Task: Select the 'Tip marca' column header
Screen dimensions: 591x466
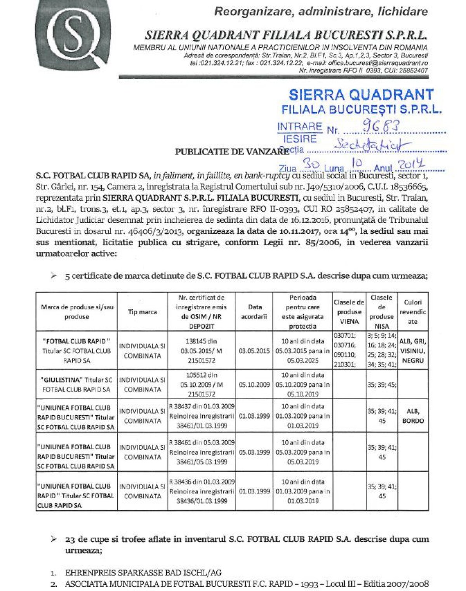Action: pyautogui.click(x=142, y=312)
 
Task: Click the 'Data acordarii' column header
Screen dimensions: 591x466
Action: pyautogui.click(x=254, y=312)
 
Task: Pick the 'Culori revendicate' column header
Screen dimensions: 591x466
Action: pyautogui.click(x=413, y=312)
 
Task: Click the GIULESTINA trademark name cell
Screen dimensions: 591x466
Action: pyautogui.click(x=77, y=384)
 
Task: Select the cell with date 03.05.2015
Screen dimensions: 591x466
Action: pyautogui.click(x=254, y=350)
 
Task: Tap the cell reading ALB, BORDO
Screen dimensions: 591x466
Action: pyautogui.click(x=413, y=416)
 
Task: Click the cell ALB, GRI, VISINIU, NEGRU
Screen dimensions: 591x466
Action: pyautogui.click(x=413, y=350)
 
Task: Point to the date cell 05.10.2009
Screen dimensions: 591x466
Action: pyautogui.click(x=254, y=384)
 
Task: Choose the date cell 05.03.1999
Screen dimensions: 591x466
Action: pyautogui.click(x=254, y=452)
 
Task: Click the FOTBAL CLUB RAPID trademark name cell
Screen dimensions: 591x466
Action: pyautogui.click(x=77, y=350)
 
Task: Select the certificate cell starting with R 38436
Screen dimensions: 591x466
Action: pyautogui.click(x=202, y=491)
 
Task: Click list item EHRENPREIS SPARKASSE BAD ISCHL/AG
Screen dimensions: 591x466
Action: pyautogui.click(x=143, y=572)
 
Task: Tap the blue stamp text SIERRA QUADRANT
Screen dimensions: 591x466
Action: pyautogui.click(x=361, y=94)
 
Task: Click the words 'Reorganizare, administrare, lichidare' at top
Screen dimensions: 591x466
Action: pyautogui.click(x=321, y=12)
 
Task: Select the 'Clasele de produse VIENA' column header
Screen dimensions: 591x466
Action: pyautogui.click(x=349, y=312)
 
